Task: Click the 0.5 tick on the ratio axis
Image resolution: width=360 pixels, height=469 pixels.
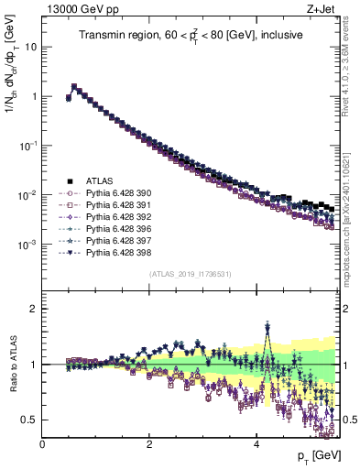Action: pos(33,420)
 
